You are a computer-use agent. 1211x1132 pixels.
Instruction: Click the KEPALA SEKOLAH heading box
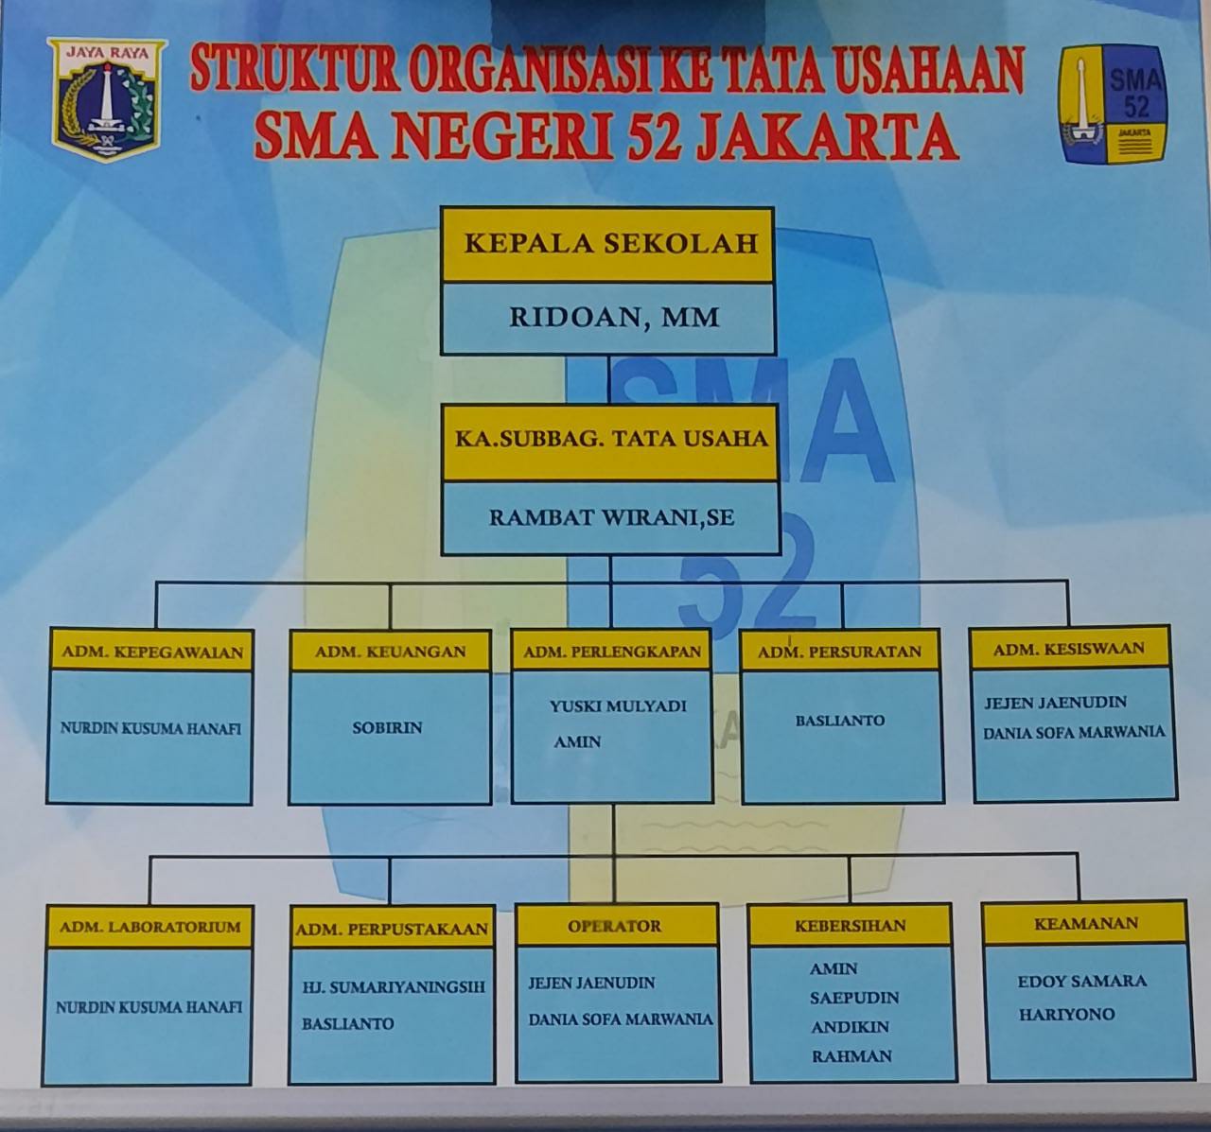click(607, 244)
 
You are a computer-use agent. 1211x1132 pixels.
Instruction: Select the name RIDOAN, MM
click(614, 318)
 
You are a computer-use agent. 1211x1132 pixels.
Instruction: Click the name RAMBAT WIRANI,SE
click(611, 517)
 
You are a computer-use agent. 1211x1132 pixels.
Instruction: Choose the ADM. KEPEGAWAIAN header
click(151, 652)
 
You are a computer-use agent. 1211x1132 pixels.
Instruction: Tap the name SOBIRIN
click(387, 728)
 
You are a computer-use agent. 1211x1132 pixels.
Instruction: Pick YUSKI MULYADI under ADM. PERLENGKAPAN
click(618, 706)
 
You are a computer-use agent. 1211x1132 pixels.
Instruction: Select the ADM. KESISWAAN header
click(1069, 649)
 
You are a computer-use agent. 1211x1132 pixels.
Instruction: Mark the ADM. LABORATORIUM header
click(150, 927)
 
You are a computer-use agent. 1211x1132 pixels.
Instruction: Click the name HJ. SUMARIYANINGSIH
click(394, 987)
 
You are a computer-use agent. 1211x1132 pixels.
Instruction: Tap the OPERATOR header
click(615, 926)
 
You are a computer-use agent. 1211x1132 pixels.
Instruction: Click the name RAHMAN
click(851, 1055)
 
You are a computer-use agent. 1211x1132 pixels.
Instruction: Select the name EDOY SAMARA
click(1082, 982)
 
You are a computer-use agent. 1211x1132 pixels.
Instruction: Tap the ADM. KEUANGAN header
click(390, 652)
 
